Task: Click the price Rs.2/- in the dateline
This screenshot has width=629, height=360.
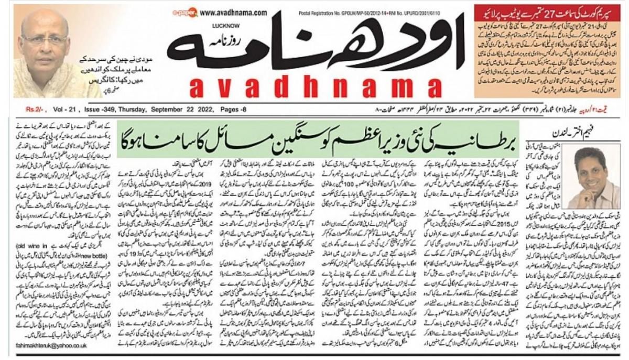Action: tap(36, 110)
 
